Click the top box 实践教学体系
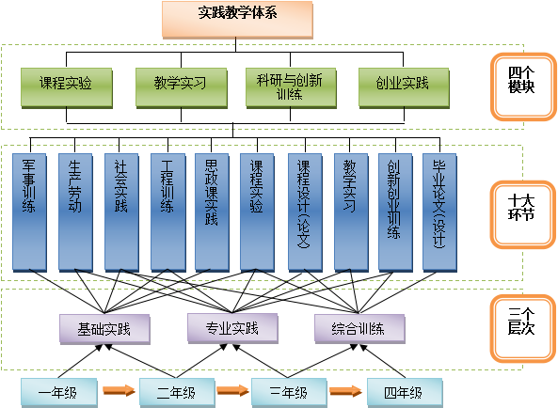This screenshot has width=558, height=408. tap(237, 20)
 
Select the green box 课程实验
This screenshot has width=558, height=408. tap(67, 87)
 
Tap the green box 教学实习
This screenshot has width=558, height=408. tap(181, 87)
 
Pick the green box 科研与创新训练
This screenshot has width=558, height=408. tap(291, 87)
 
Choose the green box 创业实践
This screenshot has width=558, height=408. tap(404, 87)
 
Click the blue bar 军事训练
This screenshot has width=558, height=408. tap(29, 212)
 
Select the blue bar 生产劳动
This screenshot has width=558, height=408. tap(75, 212)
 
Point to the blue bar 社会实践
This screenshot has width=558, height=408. tap(121, 212)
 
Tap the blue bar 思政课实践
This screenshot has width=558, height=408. tap(212, 212)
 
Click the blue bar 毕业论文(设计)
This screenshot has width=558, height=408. tap(439, 212)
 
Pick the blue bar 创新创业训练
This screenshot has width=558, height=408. tap(395, 212)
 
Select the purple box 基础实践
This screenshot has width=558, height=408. tap(104, 329)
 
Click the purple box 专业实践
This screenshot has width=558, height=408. tap(232, 328)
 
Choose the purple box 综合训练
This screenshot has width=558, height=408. tap(359, 329)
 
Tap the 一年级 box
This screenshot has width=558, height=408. tap(59, 393)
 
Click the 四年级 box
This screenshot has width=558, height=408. tap(405, 393)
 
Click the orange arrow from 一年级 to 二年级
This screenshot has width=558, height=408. tap(120, 390)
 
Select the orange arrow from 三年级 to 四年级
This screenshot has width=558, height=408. tap(345, 391)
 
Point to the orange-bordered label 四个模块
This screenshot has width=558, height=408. tap(523, 86)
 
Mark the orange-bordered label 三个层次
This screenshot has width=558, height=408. tap(523, 328)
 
